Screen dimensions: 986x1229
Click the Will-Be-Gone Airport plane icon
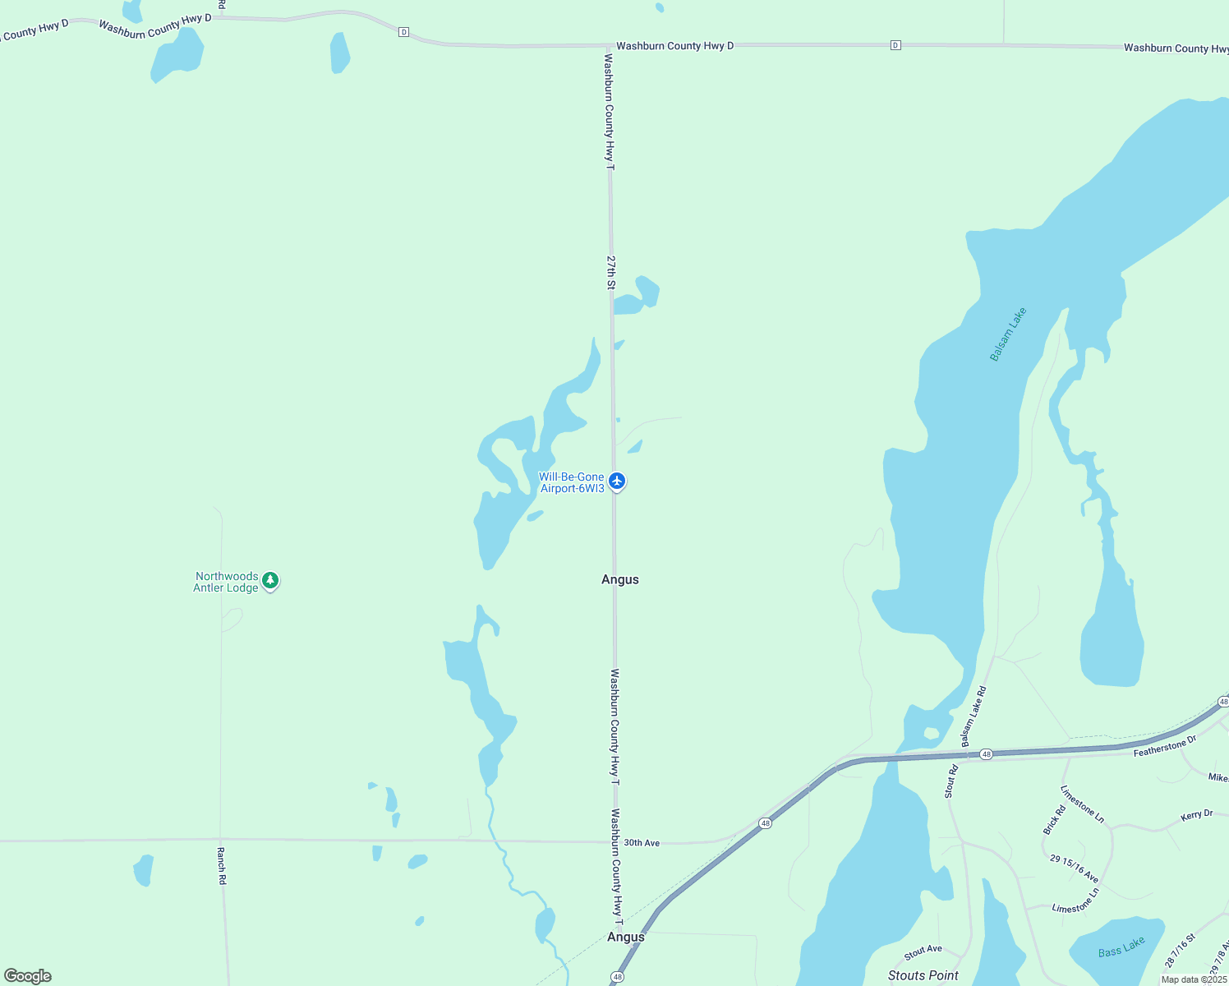[x=617, y=481]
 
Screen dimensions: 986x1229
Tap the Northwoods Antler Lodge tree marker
[x=270, y=581]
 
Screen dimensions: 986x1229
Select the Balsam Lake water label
[x=1008, y=334]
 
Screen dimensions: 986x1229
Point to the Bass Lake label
[x=1121, y=947]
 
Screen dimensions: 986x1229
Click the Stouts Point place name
[x=923, y=975]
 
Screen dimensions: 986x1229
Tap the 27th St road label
[x=611, y=272]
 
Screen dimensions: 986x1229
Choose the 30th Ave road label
[x=642, y=843]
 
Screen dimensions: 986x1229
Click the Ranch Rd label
[x=221, y=866]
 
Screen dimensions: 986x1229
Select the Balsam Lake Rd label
[x=974, y=716]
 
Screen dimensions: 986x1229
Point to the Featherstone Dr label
[x=1165, y=747]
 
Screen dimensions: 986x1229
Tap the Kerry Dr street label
[x=1196, y=815]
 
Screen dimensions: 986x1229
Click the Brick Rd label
[x=1054, y=820]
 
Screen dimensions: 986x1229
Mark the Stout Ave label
[x=923, y=952]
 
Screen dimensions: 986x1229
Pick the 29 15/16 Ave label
[x=1074, y=868]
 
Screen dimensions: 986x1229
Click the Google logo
[x=28, y=976]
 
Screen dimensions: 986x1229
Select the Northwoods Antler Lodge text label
[x=227, y=582]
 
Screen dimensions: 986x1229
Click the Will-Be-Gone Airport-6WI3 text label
[x=572, y=482]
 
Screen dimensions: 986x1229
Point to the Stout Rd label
[x=951, y=781]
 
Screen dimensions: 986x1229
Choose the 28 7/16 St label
[x=1180, y=950]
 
